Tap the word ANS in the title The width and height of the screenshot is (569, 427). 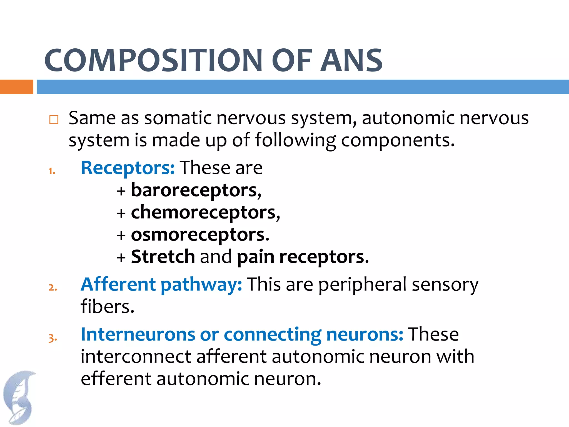click(352, 60)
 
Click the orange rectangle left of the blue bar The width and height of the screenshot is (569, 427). click(16, 87)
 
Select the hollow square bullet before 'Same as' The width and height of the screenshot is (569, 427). click(54, 120)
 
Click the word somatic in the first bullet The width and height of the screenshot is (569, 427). click(178, 118)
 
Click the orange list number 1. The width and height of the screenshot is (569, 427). click(52, 171)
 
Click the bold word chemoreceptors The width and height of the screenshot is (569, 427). click(203, 213)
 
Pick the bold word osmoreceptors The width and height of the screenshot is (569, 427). click(198, 235)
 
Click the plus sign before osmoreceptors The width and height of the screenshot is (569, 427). click(121, 235)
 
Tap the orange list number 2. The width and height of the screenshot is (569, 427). click(53, 287)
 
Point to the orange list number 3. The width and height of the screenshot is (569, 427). click(53, 338)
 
